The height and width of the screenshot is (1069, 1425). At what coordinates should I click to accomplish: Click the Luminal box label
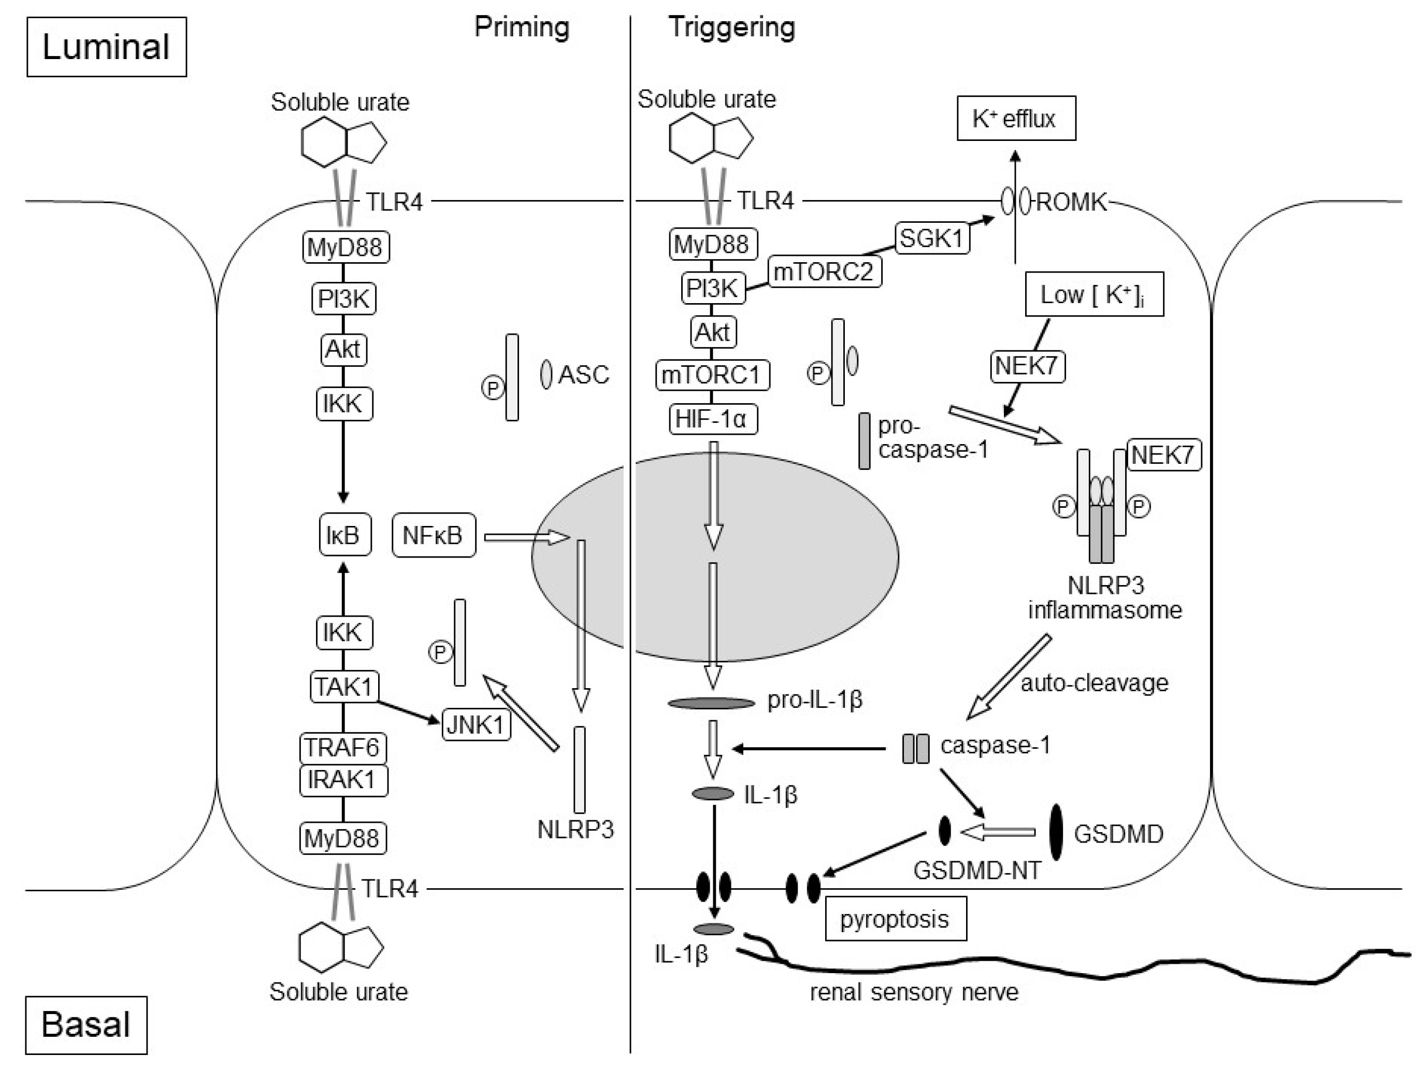pyautogui.click(x=106, y=47)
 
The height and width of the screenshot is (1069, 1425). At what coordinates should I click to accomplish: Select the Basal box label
pyautogui.click(x=85, y=1024)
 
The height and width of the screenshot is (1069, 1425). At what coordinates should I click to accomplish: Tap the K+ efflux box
pyautogui.click(x=1015, y=119)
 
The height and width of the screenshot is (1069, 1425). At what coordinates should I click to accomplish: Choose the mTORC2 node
pyautogui.click(x=824, y=272)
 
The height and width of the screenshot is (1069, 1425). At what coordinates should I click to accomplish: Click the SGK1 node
pyautogui.click(x=931, y=238)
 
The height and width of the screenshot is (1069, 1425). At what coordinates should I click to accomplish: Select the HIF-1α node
pyautogui.click(x=712, y=420)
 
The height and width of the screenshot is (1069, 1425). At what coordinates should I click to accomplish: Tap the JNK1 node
pyautogui.click(x=476, y=724)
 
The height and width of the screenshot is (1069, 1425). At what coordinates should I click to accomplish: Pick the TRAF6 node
pyautogui.click(x=343, y=747)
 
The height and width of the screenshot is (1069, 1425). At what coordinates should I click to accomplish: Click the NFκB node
pyautogui.click(x=433, y=535)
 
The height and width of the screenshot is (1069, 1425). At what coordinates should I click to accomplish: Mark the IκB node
pyautogui.click(x=344, y=535)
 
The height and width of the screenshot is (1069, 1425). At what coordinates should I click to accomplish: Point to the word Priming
pyautogui.click(x=522, y=27)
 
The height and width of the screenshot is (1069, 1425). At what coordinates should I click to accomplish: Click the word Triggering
pyautogui.click(x=731, y=27)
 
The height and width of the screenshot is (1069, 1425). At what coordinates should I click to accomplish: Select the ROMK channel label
pyautogui.click(x=1071, y=202)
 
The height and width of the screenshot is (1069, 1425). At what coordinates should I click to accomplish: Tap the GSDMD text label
pyautogui.click(x=1118, y=834)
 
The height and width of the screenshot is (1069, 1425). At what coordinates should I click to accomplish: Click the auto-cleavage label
pyautogui.click(x=1094, y=682)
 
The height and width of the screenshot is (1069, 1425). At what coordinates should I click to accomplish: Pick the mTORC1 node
pyautogui.click(x=712, y=374)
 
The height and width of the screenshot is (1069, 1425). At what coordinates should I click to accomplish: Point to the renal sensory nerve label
pyautogui.click(x=914, y=992)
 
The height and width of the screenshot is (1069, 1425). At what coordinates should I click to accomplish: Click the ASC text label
pyautogui.click(x=583, y=374)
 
